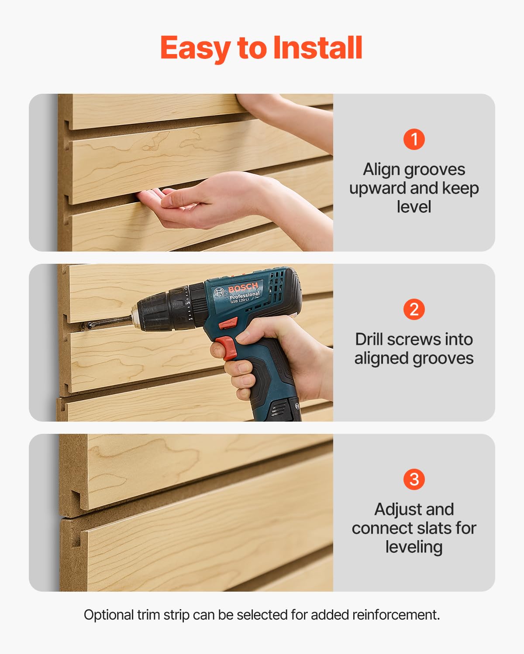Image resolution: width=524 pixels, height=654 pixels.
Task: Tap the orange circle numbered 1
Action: (414, 139)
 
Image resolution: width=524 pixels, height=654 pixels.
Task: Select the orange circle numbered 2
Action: (414, 309)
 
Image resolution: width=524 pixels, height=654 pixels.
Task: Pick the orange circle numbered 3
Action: (414, 479)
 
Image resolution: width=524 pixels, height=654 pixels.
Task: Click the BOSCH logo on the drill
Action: (243, 288)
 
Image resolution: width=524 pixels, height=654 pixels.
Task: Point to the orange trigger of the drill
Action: (228, 347)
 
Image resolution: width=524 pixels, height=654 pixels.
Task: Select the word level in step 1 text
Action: (414, 207)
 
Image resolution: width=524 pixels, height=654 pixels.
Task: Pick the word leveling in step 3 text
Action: (414, 547)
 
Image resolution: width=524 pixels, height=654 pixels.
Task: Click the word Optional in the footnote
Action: (109, 615)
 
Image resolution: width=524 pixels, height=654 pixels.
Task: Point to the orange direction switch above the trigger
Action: (228, 324)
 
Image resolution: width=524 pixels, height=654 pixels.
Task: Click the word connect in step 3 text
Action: (379, 528)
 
